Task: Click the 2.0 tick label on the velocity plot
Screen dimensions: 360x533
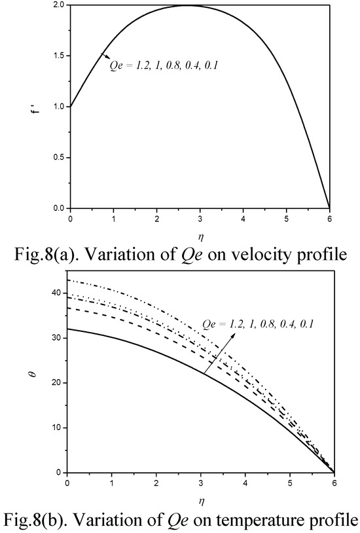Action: click(59, 5)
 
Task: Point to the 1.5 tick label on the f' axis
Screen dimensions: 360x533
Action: click(59, 56)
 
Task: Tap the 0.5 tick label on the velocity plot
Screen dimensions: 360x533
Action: click(59, 157)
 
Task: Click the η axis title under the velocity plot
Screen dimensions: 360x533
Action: click(200, 236)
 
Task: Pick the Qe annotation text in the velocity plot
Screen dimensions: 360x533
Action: click(163, 65)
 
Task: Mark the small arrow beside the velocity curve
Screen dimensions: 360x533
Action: click(105, 56)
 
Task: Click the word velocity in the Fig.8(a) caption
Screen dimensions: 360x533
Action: click(260, 255)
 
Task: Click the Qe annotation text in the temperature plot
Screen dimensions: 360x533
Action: click(258, 324)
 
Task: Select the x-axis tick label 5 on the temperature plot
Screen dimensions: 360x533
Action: click(290, 483)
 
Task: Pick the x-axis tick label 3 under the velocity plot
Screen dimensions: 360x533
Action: click(200, 219)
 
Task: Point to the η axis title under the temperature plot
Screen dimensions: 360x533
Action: click(201, 502)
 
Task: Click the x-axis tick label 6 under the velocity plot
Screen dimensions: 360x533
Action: click(330, 219)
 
